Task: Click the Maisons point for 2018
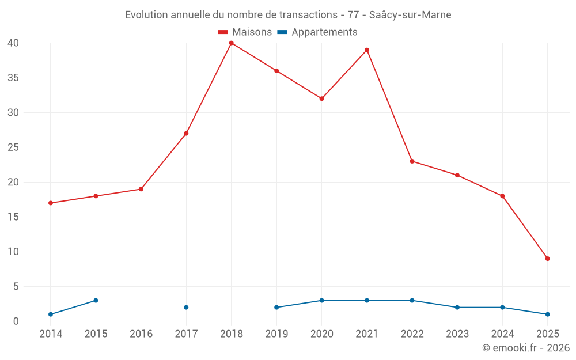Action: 231,43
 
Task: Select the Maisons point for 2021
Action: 367,50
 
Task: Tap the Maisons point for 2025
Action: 547,259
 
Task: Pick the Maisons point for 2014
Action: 51,203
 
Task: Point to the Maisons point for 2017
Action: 186,134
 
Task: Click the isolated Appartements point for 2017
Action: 186,308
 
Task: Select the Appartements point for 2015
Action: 96,301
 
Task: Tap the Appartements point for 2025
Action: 547,314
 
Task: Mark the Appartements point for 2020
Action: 321,301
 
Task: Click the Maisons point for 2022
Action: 412,161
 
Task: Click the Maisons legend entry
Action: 245,32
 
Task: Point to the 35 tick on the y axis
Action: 13,78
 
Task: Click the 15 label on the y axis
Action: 13,217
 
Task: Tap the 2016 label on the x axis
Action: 141,334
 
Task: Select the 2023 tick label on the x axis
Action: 457,334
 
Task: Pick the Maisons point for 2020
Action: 321,98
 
